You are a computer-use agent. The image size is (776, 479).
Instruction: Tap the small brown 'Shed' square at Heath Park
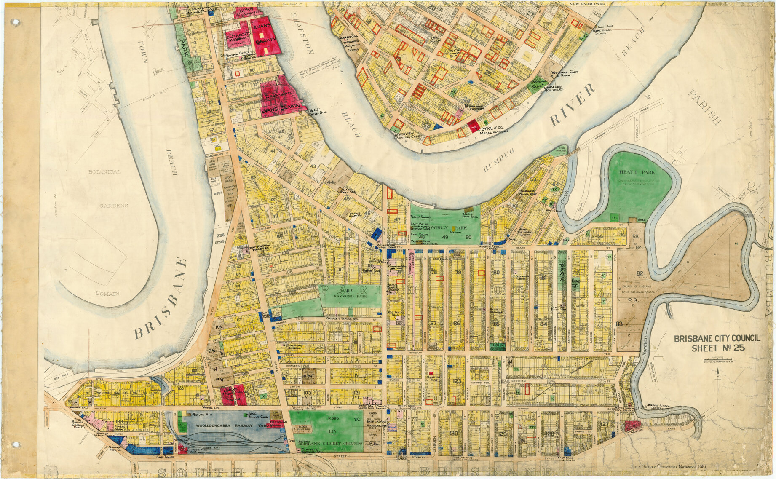click(632, 220)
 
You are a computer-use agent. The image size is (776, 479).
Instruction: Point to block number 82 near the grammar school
click(640, 273)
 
